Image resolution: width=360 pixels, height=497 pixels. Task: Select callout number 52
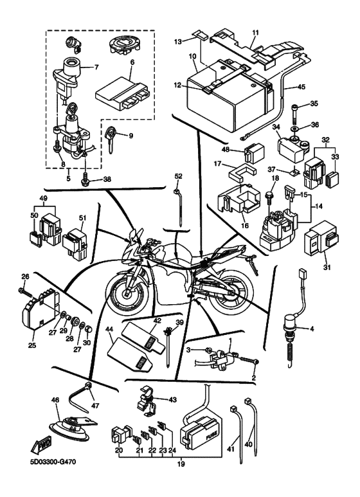tap(179, 176)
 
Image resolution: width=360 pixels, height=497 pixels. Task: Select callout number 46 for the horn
tap(55, 401)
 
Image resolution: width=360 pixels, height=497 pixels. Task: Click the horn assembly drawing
tap(71, 428)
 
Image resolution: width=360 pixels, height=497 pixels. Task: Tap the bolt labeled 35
tap(294, 113)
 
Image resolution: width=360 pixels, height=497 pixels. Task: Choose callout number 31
tap(327, 267)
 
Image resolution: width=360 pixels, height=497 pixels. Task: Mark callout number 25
tap(32, 345)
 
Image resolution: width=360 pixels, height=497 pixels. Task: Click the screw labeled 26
tap(26, 291)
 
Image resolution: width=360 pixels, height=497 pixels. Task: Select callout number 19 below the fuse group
tap(181, 464)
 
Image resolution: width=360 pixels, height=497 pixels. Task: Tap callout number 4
tap(312, 329)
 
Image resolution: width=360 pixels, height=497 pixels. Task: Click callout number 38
tap(107, 180)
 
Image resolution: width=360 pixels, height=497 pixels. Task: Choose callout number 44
tap(109, 330)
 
